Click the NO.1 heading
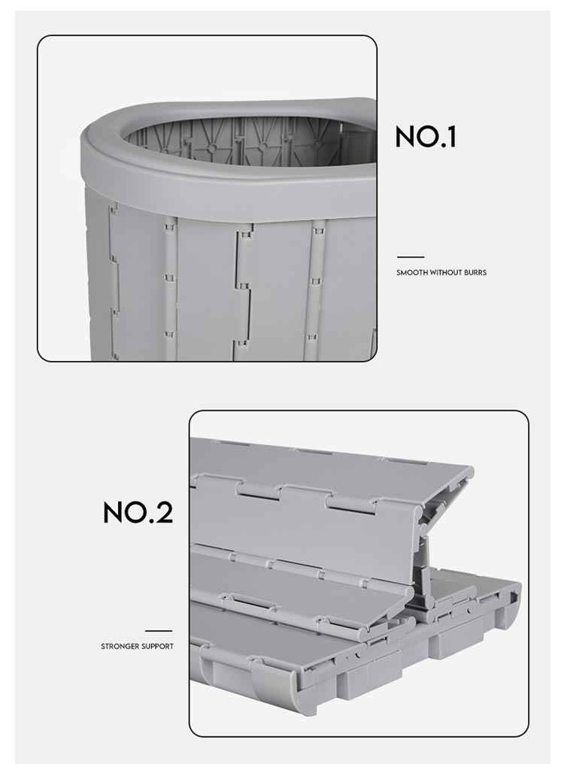pos(426,137)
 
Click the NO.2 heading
pos(138,512)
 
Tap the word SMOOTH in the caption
pos(412,273)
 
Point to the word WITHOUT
pos(444,273)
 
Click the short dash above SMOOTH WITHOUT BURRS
pos(411,257)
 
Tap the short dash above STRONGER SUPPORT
pos(159,630)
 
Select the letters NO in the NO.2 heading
pos(123,512)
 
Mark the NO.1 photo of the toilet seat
pos(208,198)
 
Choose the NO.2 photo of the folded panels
pos(359,573)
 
